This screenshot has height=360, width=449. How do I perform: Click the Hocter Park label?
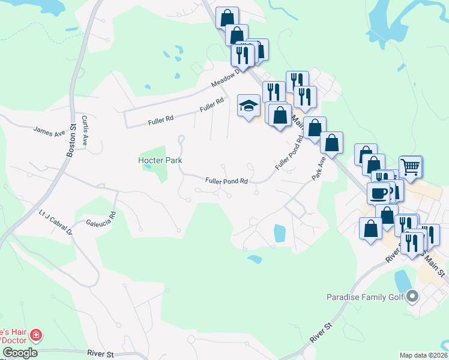pos(160,160)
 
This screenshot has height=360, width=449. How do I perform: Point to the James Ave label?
pos(49,130)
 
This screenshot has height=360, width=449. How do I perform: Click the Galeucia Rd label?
pos(100,219)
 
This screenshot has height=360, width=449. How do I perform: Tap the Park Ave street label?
pos(318,169)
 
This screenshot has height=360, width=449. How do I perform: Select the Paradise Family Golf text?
pos(365,296)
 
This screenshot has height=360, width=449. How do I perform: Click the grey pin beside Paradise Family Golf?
pos(412,296)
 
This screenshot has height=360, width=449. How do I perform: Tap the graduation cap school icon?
pos(248,106)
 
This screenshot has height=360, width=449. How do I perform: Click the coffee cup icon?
pos(378,193)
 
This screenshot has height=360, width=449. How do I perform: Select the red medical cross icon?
pos(36,335)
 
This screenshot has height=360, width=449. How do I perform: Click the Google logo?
pos(20,353)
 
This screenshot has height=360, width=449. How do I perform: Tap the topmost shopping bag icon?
pos(227,17)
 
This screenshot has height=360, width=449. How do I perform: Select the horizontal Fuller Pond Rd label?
pos(226,180)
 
